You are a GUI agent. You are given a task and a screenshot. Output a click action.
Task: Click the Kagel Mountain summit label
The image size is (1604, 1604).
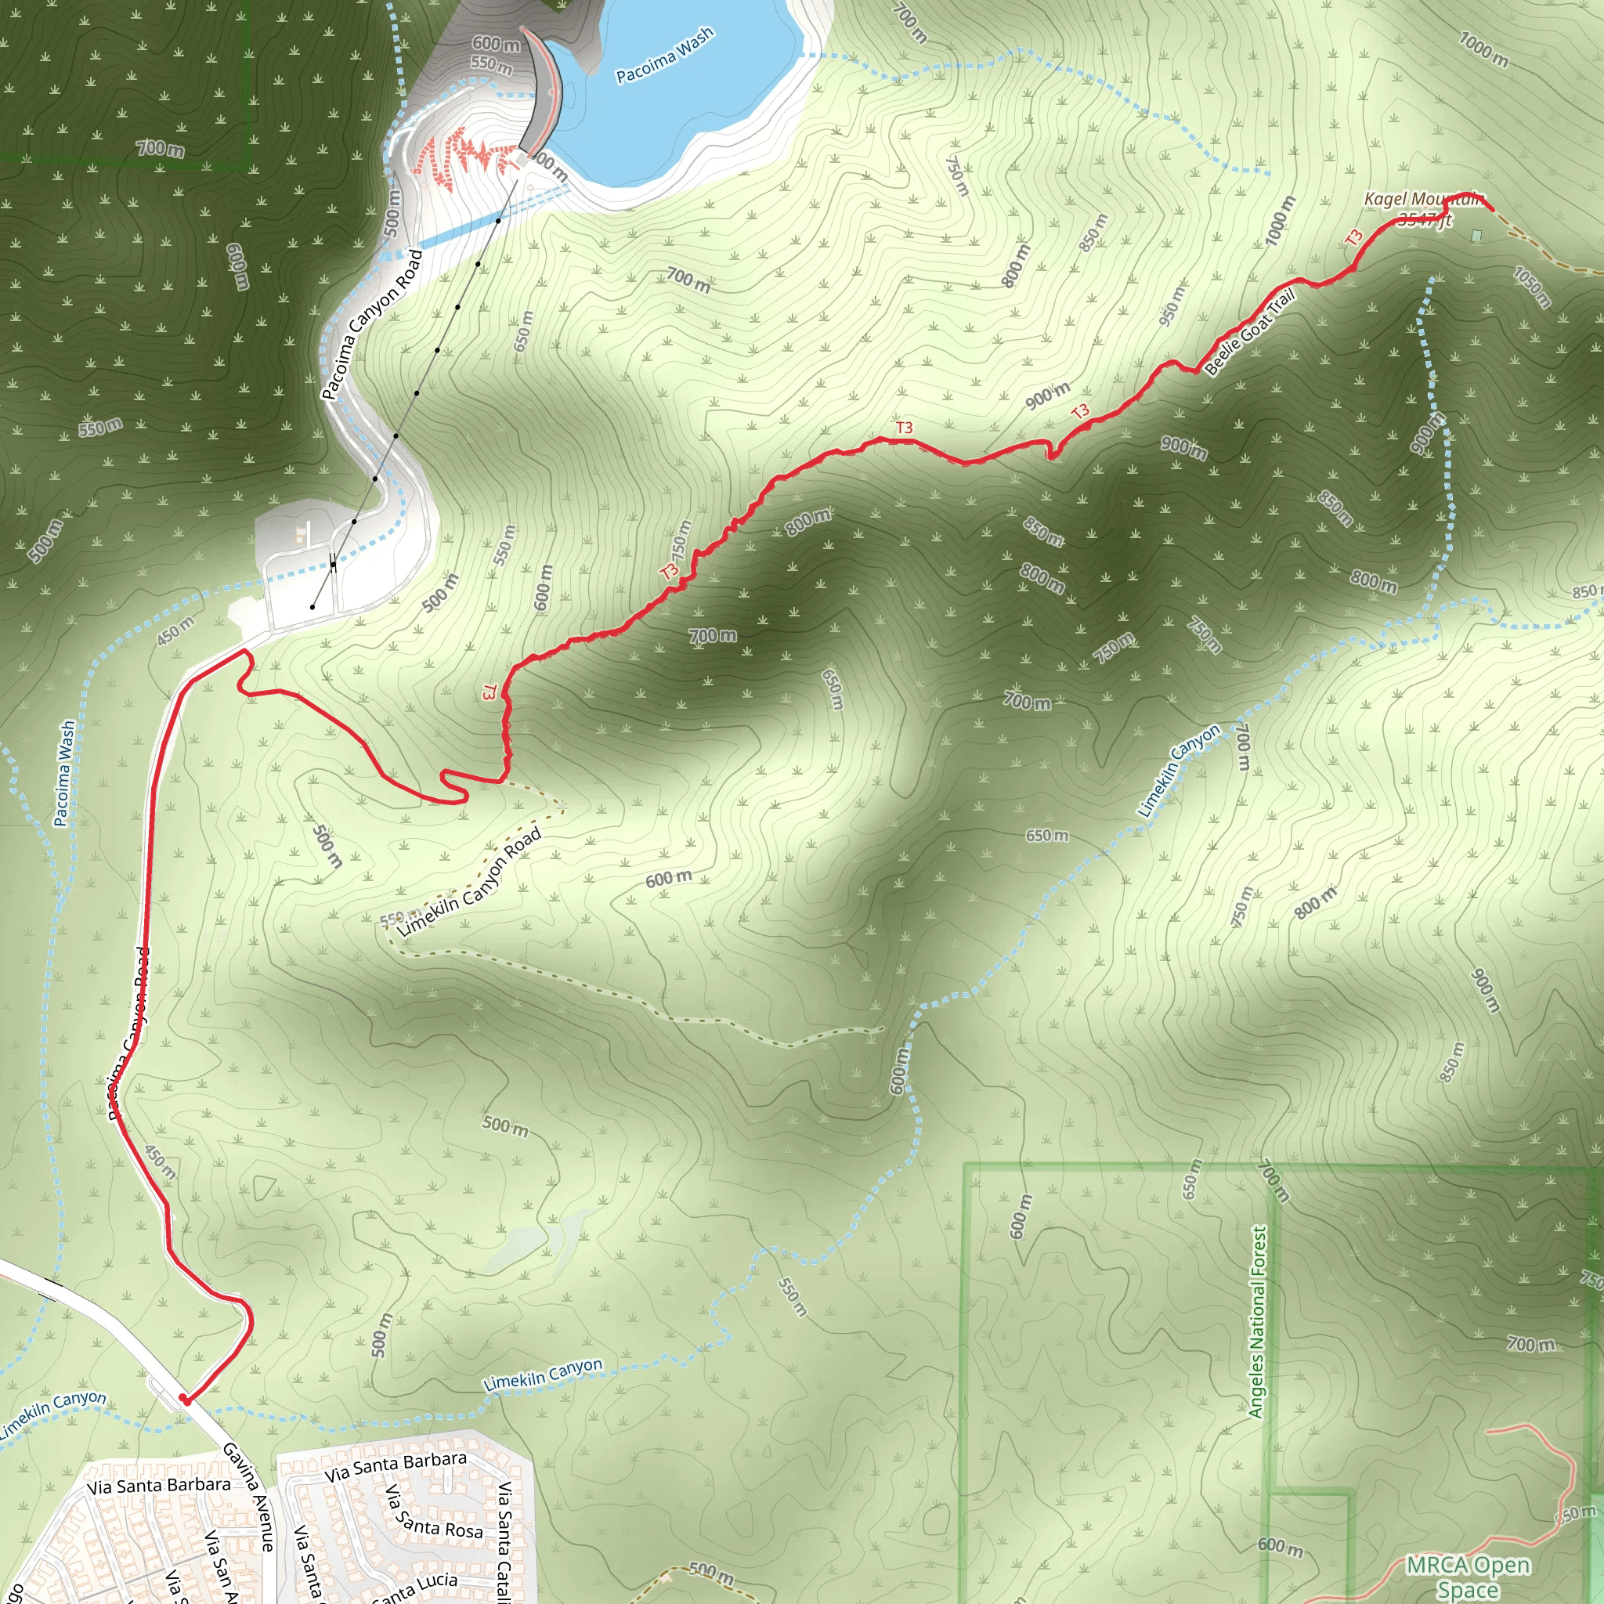coord(1423,200)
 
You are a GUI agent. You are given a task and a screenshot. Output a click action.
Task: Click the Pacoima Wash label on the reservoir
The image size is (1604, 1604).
coord(664,55)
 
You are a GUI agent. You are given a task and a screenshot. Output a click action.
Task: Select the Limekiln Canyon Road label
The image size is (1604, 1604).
coord(469,883)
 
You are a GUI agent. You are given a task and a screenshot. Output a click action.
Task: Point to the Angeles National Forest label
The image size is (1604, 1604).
coord(1258,1322)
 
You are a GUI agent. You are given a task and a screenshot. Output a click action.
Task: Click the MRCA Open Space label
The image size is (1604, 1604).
coord(1468,1577)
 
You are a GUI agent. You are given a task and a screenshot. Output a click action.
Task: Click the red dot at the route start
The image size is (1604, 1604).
coord(183,1399)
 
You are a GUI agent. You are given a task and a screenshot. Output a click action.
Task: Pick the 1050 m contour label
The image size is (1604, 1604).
coord(1532,287)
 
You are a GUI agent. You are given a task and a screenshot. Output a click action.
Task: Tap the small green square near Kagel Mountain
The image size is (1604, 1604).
coord(1476,236)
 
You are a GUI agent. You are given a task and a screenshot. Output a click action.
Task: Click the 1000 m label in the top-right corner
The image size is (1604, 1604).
coord(1483,49)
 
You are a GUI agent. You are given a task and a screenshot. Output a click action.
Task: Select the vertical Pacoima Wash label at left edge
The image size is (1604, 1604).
coord(65,773)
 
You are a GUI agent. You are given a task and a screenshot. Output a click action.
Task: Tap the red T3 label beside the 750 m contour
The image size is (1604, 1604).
coord(669,571)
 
